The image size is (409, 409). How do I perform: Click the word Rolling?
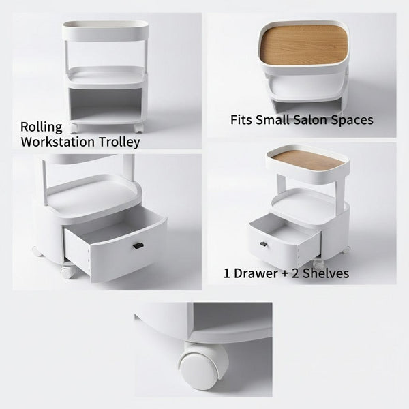(x=41, y=127)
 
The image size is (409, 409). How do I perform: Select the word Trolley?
(x=121, y=142)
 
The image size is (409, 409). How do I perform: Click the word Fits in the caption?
(x=241, y=120)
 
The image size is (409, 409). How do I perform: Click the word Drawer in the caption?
(x=257, y=273)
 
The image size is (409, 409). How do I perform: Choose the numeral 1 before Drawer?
(x=228, y=273)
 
